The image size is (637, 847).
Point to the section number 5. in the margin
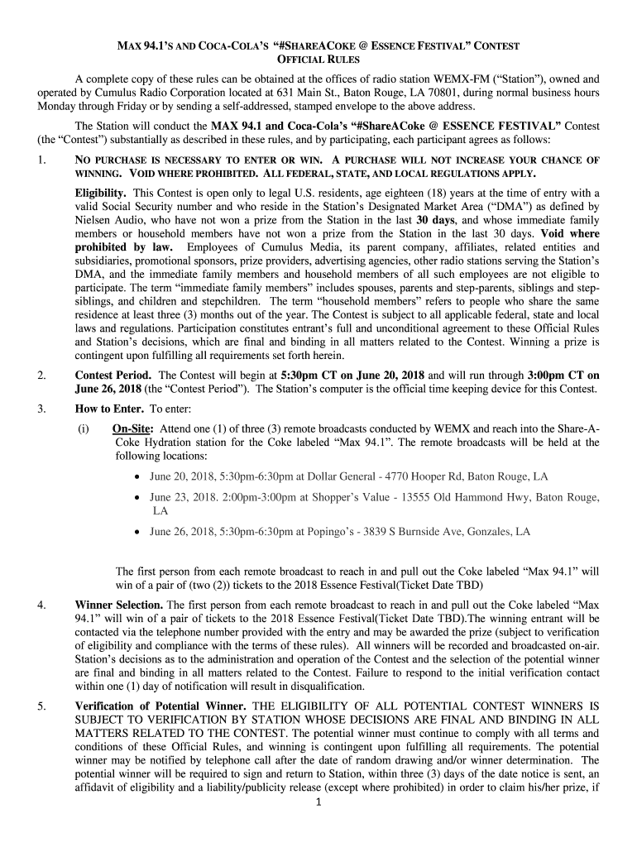click(41, 706)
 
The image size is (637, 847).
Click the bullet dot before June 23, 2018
click(136, 498)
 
